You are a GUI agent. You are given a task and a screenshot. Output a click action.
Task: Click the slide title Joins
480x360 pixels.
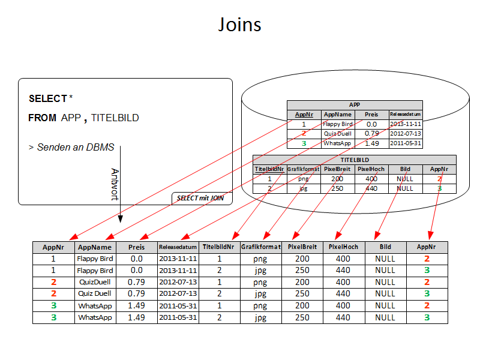(x=239, y=25)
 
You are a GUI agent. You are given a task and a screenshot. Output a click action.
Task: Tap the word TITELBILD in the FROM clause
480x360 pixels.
(x=115, y=118)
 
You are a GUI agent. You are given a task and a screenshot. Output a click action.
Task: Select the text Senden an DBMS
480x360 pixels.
(x=74, y=147)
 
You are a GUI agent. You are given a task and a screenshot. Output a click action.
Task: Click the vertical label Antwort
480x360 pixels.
(x=115, y=184)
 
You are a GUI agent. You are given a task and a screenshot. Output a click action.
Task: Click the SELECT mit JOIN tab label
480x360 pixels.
(x=200, y=198)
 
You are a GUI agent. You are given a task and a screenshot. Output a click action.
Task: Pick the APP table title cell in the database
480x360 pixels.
(x=355, y=105)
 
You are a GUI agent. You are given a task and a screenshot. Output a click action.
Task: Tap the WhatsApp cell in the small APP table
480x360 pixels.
(x=338, y=143)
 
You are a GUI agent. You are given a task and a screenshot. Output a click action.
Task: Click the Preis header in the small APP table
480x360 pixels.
(x=371, y=114)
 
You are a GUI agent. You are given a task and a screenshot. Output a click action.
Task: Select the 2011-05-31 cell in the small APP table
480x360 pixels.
(x=406, y=143)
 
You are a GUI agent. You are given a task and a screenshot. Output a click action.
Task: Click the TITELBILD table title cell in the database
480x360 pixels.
(x=355, y=160)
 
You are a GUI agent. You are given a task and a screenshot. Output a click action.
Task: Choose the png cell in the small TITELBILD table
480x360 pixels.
(x=303, y=179)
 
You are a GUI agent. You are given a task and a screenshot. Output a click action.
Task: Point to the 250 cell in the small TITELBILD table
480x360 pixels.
(x=337, y=188)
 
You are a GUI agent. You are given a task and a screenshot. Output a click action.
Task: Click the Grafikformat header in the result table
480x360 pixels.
(x=261, y=247)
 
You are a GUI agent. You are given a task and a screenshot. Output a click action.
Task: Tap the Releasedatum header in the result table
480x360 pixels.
(x=178, y=247)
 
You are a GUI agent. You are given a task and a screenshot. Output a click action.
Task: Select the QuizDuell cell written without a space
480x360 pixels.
(x=95, y=282)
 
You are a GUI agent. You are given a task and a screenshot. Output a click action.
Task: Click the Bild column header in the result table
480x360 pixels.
(x=385, y=247)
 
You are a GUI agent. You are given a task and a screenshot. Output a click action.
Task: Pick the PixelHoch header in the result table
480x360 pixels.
(x=343, y=247)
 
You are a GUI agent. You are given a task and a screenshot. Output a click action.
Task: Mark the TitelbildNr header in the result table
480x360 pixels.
(x=220, y=247)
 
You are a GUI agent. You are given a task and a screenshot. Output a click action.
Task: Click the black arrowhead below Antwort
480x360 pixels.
(x=120, y=220)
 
